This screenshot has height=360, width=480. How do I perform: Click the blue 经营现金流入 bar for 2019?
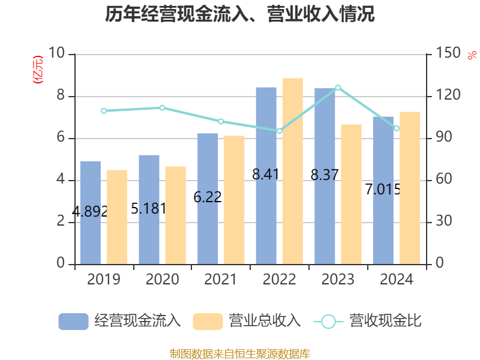(x=90, y=212)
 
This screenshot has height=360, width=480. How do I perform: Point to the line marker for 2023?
(x=338, y=88)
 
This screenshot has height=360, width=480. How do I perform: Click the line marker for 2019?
(x=103, y=111)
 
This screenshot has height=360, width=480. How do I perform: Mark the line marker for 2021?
(x=221, y=121)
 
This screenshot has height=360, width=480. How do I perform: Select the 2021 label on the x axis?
(x=221, y=280)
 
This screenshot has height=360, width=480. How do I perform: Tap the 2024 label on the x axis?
(x=397, y=280)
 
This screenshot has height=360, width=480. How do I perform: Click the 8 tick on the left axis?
(x=61, y=96)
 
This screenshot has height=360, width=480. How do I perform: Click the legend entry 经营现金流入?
(x=119, y=321)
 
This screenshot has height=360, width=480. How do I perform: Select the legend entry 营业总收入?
(x=247, y=321)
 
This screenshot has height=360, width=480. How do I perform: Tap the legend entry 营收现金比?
(x=368, y=321)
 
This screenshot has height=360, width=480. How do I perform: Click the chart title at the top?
(x=240, y=14)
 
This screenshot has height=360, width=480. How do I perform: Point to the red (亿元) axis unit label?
(x=38, y=69)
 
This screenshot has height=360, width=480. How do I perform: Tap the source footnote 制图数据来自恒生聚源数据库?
(x=240, y=353)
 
